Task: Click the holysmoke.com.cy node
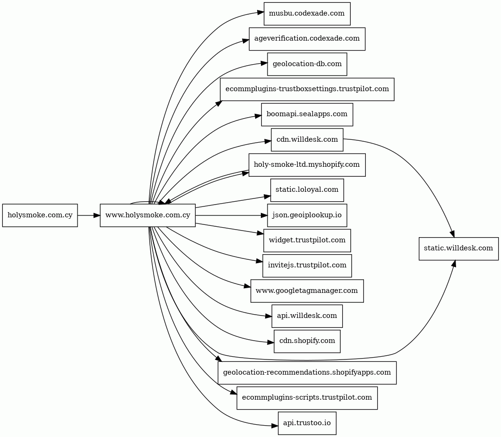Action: pos(40,215)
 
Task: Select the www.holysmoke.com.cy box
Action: pos(147,215)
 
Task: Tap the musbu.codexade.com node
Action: pos(307,14)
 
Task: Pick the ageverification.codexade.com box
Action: pos(307,39)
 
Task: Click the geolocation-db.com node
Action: pos(307,64)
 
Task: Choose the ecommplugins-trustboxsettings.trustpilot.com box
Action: pos(307,89)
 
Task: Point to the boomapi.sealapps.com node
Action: pos(307,114)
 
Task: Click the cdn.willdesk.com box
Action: pos(307,139)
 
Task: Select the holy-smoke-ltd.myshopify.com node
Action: pos(307,165)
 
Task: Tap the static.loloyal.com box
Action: pos(307,190)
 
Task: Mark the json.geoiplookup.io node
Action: pos(307,215)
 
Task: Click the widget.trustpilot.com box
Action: pos(307,240)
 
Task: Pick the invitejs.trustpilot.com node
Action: pos(307,266)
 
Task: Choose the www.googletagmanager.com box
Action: pos(307,291)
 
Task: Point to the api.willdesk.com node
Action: pos(307,316)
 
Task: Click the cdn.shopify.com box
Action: pos(307,342)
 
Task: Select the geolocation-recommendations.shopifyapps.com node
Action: pos(307,373)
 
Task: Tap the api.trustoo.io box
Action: pos(307,423)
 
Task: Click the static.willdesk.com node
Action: pos(458,248)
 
